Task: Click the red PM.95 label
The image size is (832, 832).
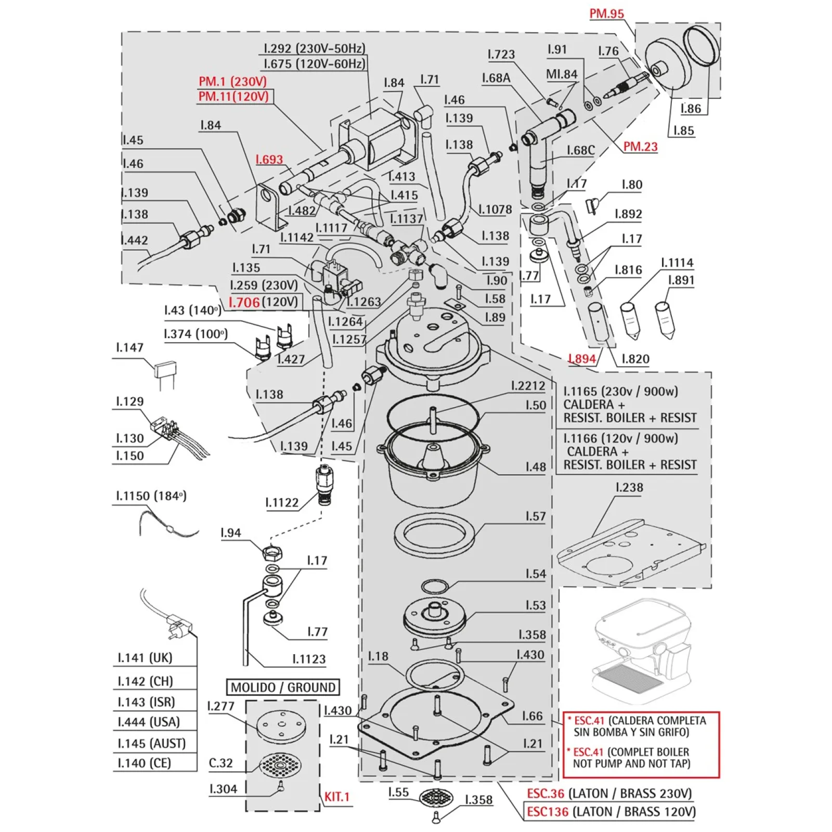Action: click(x=606, y=14)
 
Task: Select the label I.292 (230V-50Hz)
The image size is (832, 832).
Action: click(x=314, y=48)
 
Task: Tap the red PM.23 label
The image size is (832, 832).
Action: click(x=640, y=147)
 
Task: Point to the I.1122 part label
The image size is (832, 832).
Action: click(x=282, y=502)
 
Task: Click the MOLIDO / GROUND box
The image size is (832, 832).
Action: click(x=283, y=687)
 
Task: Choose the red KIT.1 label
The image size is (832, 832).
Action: click(x=337, y=796)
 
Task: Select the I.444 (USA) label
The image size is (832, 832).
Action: click(x=149, y=722)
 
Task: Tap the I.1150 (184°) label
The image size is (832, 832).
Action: click(x=151, y=496)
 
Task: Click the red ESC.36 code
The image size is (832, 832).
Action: click(x=545, y=793)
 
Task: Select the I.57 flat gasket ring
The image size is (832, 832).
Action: click(x=435, y=536)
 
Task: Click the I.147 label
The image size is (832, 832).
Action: click(x=129, y=347)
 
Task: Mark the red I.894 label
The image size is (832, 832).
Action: click(x=582, y=358)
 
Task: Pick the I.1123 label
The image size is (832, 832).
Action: click(x=309, y=659)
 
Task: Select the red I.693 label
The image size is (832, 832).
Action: click(x=269, y=159)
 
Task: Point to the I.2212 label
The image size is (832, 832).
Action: click(x=528, y=385)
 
